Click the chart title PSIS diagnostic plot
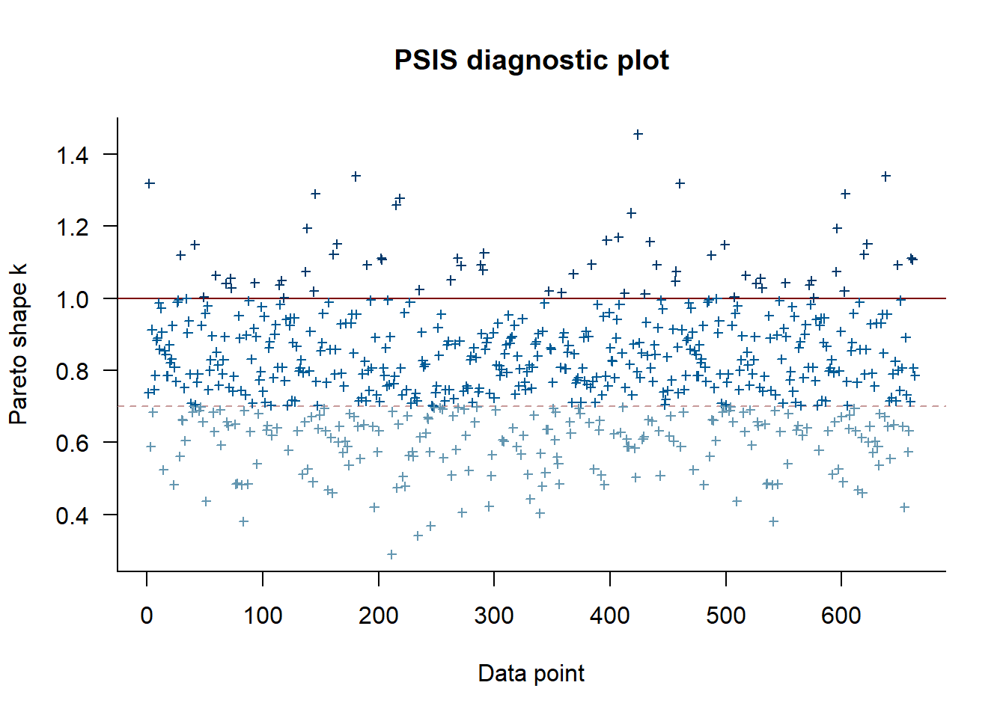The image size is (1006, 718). pyautogui.click(x=531, y=60)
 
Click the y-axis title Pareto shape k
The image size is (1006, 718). pyautogui.click(x=18, y=344)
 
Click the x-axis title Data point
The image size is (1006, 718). pyautogui.click(x=531, y=673)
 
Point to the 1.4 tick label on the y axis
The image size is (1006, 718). pyautogui.click(x=72, y=155)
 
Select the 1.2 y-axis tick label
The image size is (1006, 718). pyautogui.click(x=72, y=227)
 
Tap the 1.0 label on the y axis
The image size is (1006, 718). pyautogui.click(x=72, y=299)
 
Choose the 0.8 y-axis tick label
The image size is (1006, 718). pyautogui.click(x=72, y=371)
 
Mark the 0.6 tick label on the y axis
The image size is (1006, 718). pyautogui.click(x=72, y=443)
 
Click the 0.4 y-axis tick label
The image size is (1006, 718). pyautogui.click(x=72, y=515)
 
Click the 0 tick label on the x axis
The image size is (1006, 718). pyautogui.click(x=147, y=616)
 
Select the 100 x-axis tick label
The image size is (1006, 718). pyautogui.click(x=263, y=616)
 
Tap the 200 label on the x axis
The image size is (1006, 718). pyautogui.click(x=379, y=616)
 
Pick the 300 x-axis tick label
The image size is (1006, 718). pyautogui.click(x=494, y=616)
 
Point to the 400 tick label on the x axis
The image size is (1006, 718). pyautogui.click(x=610, y=616)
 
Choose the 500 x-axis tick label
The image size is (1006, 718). pyautogui.click(x=726, y=616)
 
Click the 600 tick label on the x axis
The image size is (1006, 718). pyautogui.click(x=841, y=616)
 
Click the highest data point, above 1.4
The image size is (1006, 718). pyautogui.click(x=638, y=135)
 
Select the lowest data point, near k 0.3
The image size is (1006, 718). pyautogui.click(x=391, y=554)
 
